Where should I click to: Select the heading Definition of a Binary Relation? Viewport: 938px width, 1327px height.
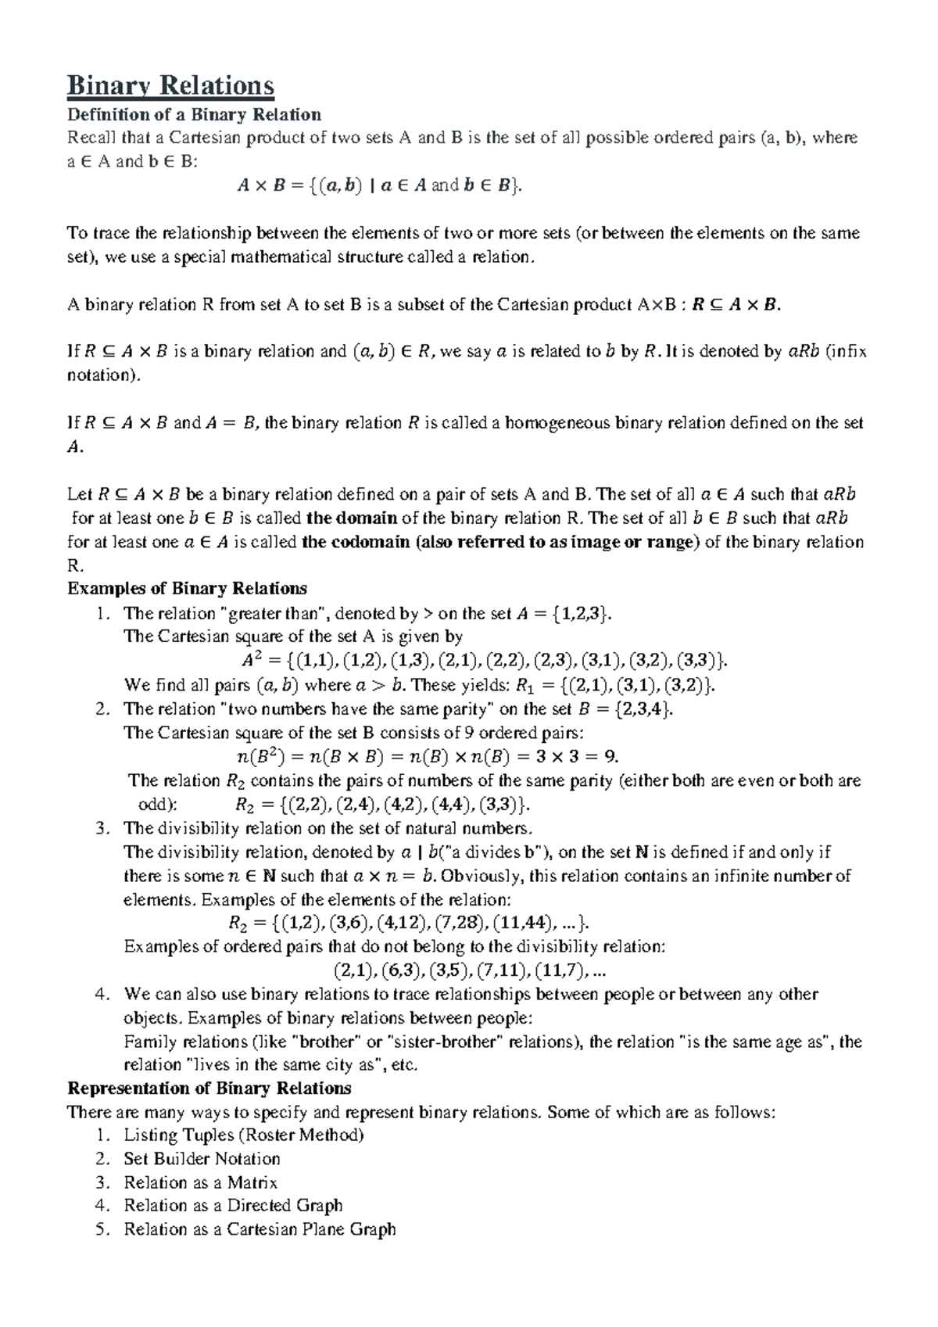point(195,115)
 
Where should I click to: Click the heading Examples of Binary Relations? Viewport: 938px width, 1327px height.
point(188,588)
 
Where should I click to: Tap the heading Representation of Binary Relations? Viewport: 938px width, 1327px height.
point(209,1088)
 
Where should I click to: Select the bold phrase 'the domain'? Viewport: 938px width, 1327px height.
point(353,518)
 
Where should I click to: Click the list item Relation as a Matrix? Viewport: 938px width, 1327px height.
point(200,1182)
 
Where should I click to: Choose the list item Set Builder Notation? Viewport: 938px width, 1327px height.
point(202,1159)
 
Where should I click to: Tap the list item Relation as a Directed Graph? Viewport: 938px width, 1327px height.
point(233,1205)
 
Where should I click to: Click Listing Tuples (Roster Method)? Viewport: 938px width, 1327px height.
point(244,1135)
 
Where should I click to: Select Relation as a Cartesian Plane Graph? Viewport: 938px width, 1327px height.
point(260,1229)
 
